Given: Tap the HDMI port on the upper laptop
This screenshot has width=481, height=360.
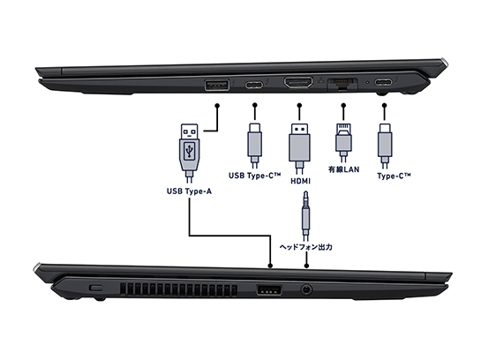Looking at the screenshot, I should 298,85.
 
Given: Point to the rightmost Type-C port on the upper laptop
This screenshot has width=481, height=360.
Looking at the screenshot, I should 385,86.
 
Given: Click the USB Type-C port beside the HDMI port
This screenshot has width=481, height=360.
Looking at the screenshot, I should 255,86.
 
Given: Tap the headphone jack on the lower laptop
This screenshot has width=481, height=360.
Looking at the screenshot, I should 305,288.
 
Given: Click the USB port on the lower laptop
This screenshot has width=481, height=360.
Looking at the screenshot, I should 267,289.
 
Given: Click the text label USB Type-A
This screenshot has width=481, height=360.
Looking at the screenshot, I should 190,190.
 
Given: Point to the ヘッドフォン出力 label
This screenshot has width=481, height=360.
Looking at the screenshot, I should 305,247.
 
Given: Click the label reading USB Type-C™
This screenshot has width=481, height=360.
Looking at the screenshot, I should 255,176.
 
